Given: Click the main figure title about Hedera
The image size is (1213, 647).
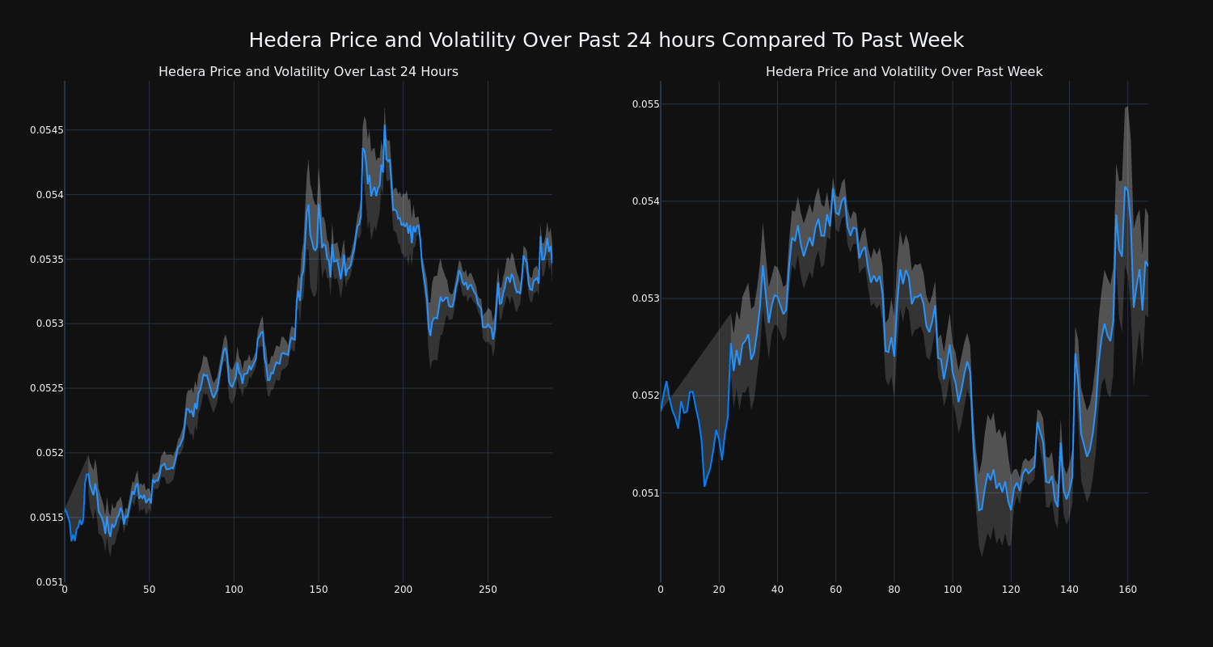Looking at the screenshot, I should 606,40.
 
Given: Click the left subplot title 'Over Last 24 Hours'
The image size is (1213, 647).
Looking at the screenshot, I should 308,72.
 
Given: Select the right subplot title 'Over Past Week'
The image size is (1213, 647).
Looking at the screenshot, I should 904,72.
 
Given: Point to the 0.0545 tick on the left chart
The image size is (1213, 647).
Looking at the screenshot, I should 47,130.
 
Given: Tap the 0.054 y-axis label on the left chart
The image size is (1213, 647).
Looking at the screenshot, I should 47,195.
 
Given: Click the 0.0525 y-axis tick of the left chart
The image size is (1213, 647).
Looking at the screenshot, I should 47,388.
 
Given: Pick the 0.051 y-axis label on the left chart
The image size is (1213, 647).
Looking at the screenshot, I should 47,581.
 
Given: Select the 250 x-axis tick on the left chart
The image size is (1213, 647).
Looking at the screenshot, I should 488,590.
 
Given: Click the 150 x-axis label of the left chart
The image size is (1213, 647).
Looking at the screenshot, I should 318,590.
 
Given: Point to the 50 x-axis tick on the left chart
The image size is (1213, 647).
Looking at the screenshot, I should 149,590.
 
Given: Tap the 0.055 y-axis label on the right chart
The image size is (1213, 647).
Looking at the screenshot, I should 645,104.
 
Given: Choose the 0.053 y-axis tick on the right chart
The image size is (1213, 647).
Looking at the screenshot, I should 645,298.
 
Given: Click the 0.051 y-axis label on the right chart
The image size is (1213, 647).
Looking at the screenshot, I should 645,493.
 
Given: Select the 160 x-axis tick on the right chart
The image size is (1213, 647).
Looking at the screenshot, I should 1127,590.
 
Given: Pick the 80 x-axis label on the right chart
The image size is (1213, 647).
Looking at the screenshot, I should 894,590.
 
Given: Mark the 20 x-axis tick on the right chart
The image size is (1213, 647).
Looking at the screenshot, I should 719,590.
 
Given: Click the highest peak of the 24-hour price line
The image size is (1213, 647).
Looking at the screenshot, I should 384,125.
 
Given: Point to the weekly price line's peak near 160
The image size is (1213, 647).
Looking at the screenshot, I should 1125,187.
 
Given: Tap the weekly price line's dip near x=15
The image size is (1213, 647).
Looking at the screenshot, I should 704,486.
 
